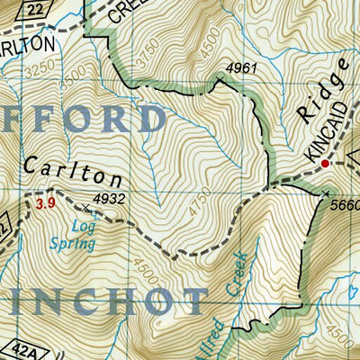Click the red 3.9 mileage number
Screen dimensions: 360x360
46,205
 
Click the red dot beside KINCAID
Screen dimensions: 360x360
327,163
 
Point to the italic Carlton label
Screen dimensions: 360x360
74,170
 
